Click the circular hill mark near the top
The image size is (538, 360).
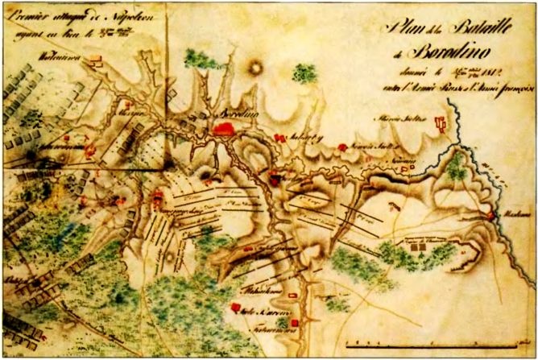tap(255, 68)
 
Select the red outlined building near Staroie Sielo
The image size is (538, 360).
tap(439, 123)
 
